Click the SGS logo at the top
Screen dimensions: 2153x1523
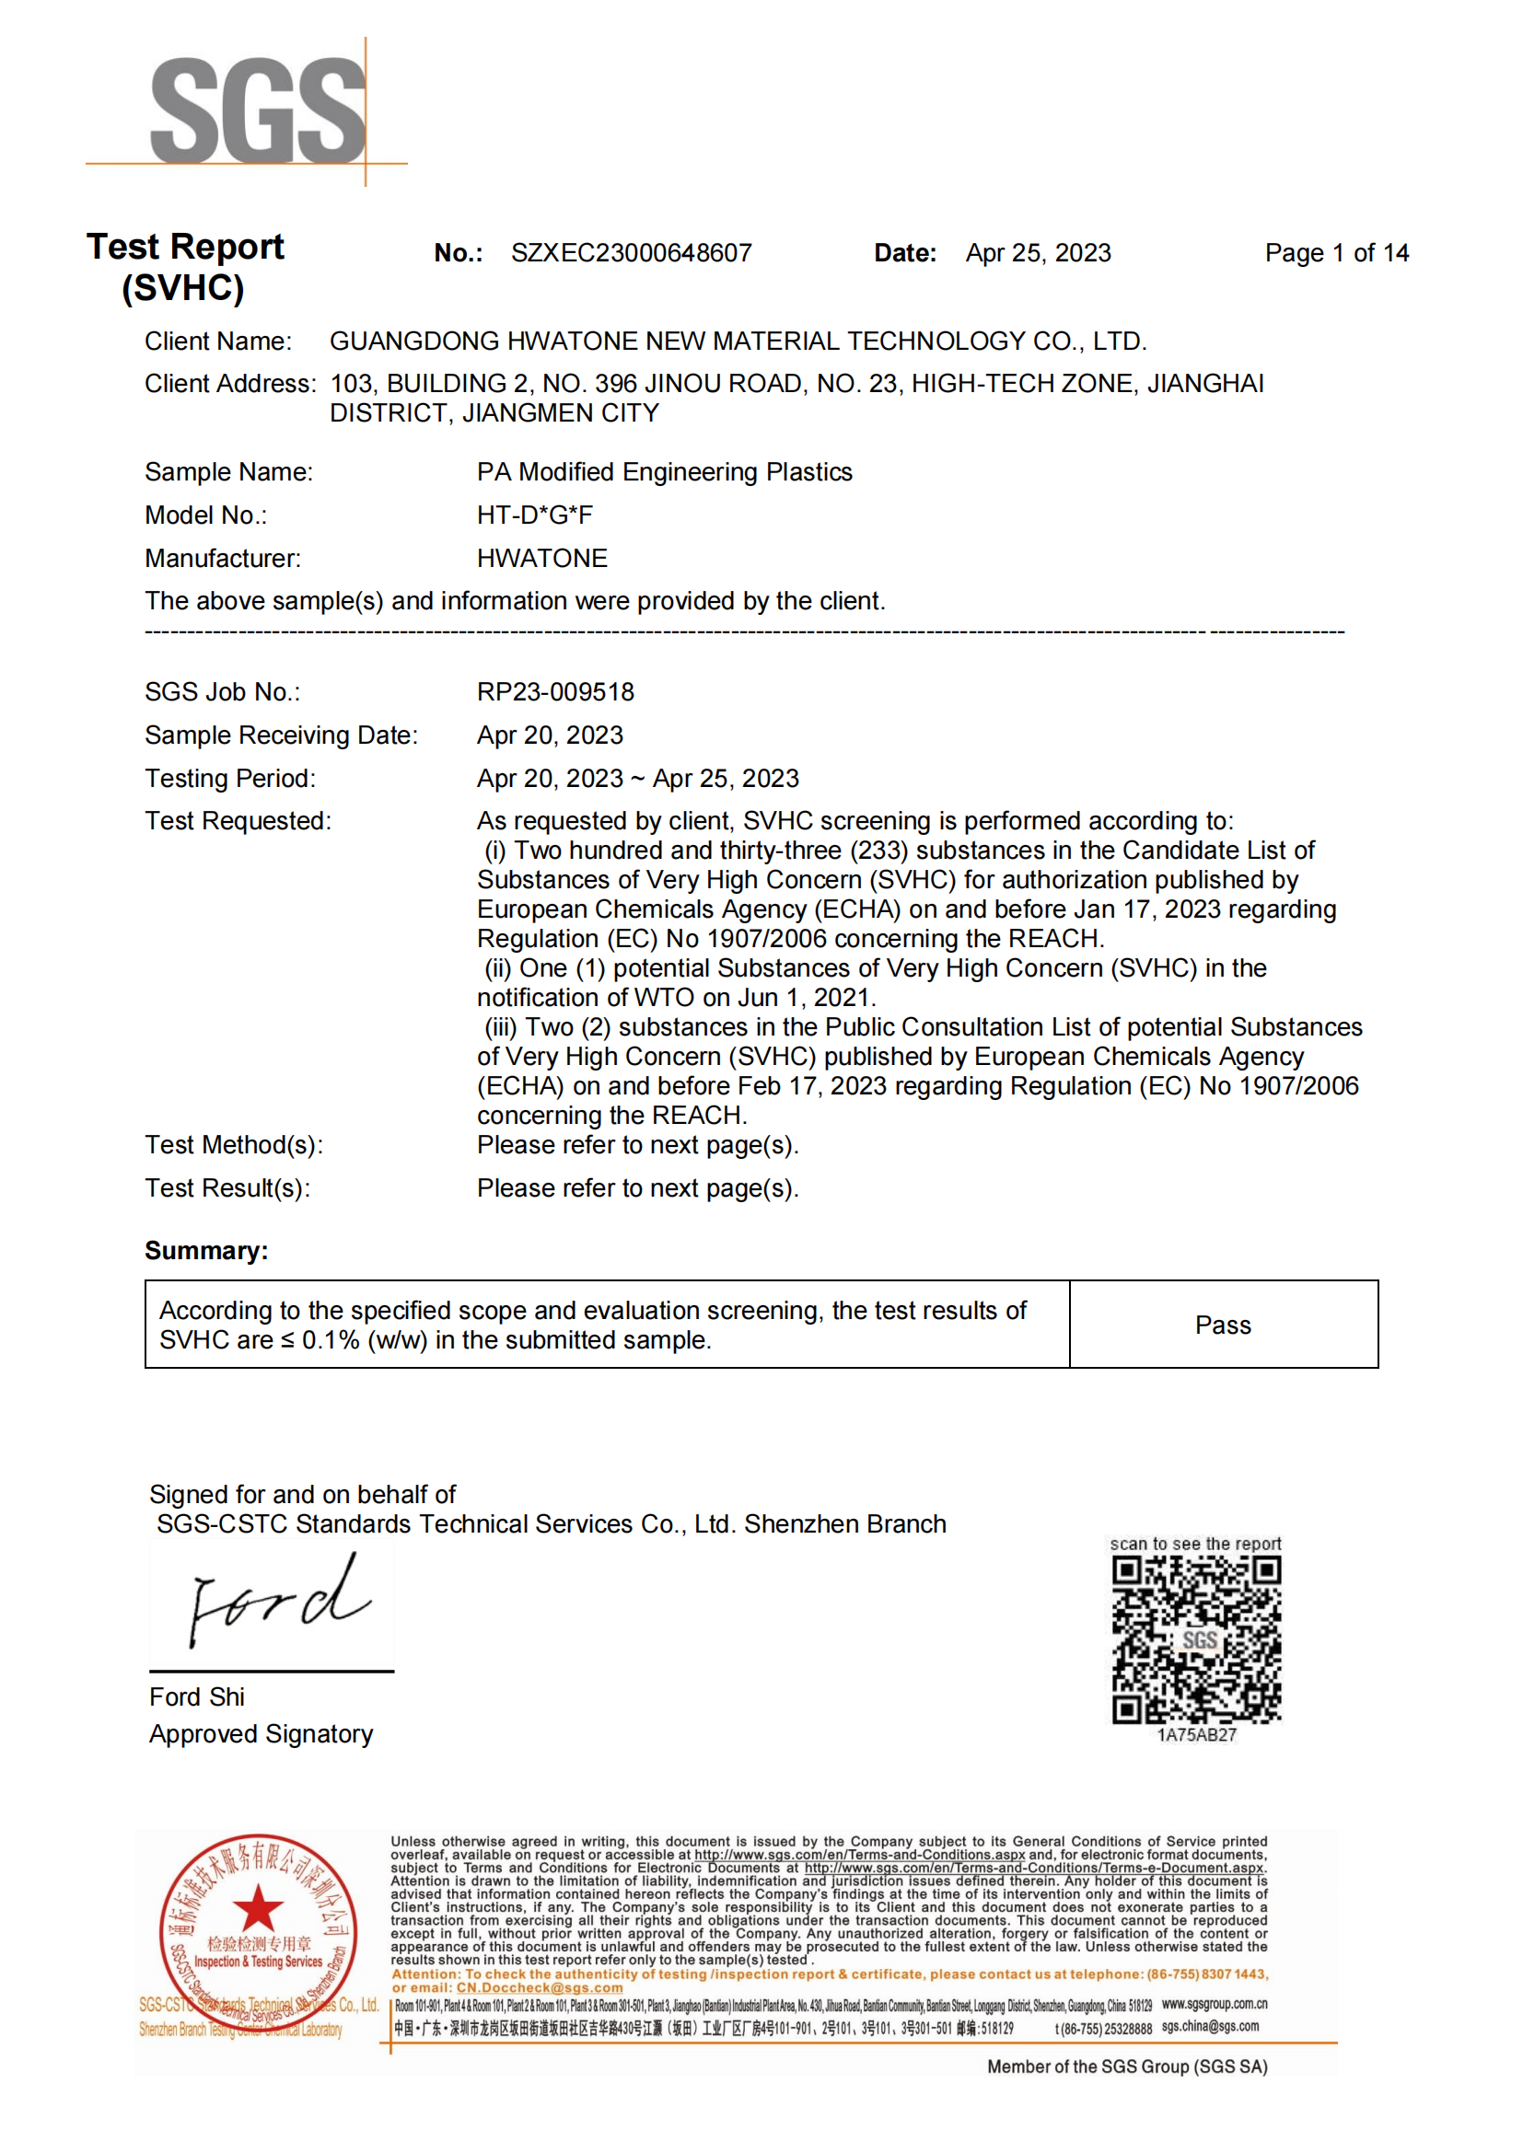(257, 110)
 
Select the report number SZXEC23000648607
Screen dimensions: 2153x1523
(631, 253)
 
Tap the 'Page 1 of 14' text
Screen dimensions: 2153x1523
(1335, 253)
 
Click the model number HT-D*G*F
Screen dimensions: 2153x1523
(535, 515)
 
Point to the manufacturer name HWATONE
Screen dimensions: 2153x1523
(542, 558)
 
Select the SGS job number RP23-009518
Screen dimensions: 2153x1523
(555, 692)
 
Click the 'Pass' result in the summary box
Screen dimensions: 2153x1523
(1223, 1325)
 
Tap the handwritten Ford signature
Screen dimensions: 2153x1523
(277, 1602)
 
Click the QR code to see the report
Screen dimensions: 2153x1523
(1196, 1639)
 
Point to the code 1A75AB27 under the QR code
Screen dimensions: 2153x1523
(1197, 1735)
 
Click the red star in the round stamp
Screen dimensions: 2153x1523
(258, 1908)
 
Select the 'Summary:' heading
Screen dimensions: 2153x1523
(206, 1251)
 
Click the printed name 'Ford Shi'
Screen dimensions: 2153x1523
(197, 1697)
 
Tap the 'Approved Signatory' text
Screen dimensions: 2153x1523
(261, 1734)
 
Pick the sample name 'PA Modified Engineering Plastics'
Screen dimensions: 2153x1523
(664, 471)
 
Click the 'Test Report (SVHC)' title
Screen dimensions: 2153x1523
(185, 266)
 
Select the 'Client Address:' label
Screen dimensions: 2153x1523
(231, 384)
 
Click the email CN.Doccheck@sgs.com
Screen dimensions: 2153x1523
(540, 1988)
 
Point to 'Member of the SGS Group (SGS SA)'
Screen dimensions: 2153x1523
(1126, 2066)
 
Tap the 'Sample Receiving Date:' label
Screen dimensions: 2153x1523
(282, 735)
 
